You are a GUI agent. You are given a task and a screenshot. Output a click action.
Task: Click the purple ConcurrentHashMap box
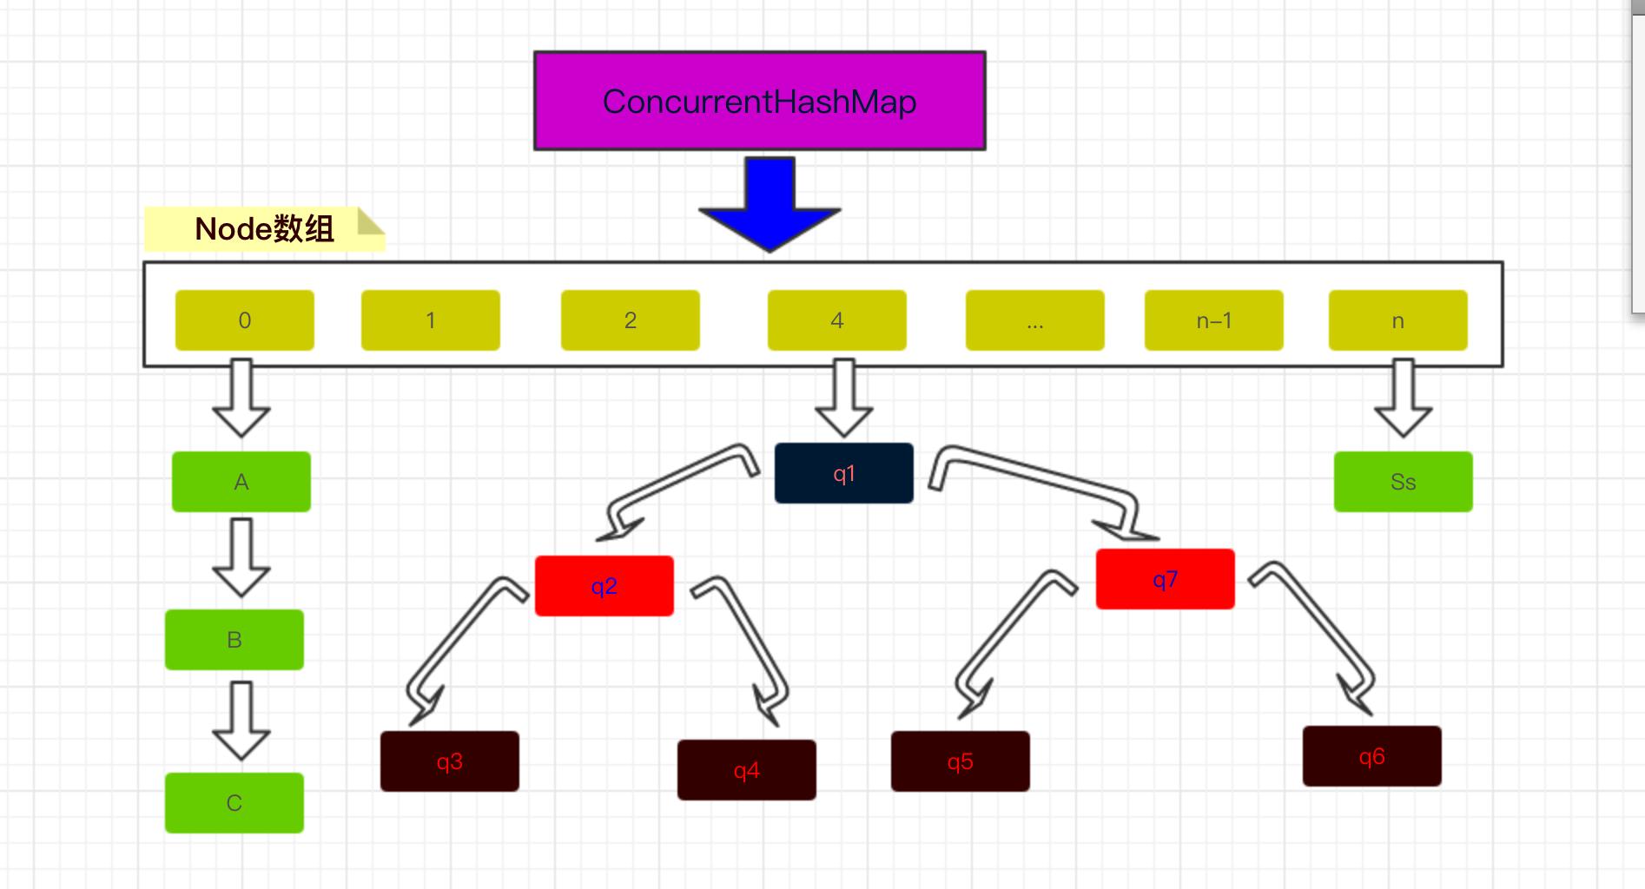pyautogui.click(x=759, y=101)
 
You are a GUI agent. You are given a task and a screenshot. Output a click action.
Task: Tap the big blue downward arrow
pyautogui.click(x=770, y=206)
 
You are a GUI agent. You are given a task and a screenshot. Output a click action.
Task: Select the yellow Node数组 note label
pyautogui.click(x=264, y=229)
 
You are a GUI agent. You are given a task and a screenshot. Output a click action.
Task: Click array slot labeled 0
pyautogui.click(x=244, y=320)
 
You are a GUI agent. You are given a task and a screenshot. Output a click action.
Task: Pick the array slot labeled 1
pyautogui.click(x=430, y=320)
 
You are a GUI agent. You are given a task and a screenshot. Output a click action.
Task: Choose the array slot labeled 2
pyautogui.click(x=630, y=320)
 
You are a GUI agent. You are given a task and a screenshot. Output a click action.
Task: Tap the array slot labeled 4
pyautogui.click(x=836, y=320)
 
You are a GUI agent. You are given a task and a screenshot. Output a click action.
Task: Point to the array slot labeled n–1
pyautogui.click(x=1213, y=320)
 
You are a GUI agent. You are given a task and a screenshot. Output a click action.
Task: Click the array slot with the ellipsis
pyautogui.click(x=1034, y=320)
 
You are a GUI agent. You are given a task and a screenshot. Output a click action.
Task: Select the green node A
pyautogui.click(x=241, y=482)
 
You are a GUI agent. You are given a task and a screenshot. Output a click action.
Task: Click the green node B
pyautogui.click(x=234, y=640)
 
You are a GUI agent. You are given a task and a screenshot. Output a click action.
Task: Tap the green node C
pyautogui.click(x=234, y=803)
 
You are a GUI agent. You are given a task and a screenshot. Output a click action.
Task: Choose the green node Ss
pyautogui.click(x=1403, y=482)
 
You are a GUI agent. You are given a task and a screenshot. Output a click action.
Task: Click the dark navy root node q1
pyautogui.click(x=843, y=473)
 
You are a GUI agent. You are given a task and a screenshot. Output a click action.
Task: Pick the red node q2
pyautogui.click(x=604, y=586)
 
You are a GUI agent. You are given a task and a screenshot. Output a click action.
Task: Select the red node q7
pyautogui.click(x=1165, y=579)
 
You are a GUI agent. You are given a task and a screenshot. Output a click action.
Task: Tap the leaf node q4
pyautogui.click(x=746, y=770)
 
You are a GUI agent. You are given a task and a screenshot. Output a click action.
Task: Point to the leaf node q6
pyautogui.click(x=1371, y=756)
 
